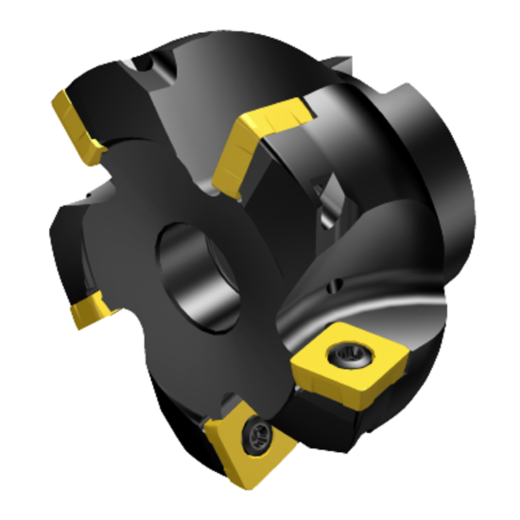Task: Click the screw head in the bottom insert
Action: (256, 436)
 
